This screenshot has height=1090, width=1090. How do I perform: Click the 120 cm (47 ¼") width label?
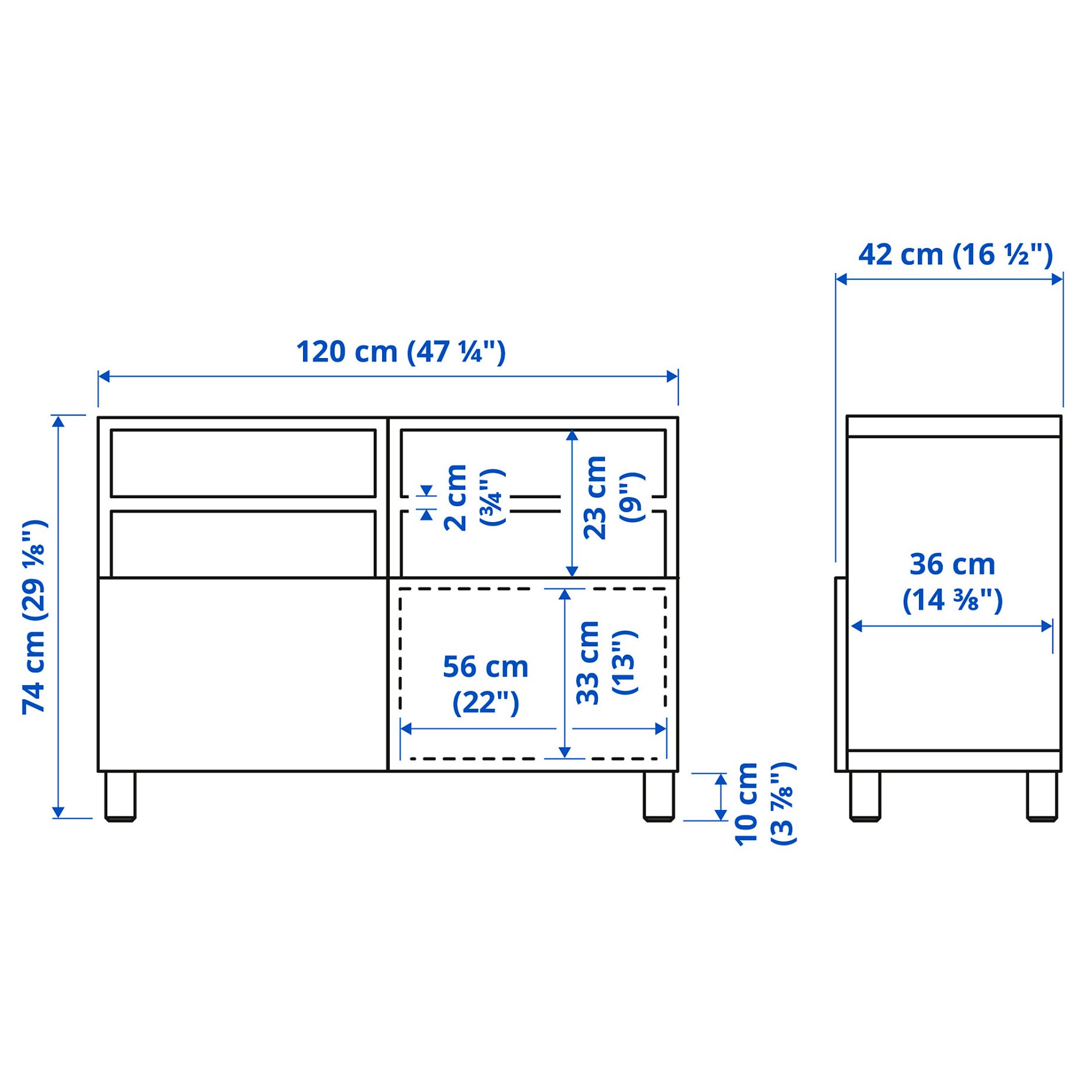(x=400, y=352)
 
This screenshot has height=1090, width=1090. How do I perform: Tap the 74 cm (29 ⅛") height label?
(x=35, y=616)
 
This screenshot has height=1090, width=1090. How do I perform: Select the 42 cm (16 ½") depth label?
(x=955, y=255)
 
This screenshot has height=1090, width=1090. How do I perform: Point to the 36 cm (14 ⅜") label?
(x=952, y=582)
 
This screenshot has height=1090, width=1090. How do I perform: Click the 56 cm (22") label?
(x=485, y=684)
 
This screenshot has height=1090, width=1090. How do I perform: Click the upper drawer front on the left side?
(x=243, y=463)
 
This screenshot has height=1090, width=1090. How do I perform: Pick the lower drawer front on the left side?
(x=243, y=544)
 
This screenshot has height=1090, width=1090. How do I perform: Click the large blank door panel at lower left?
(x=243, y=674)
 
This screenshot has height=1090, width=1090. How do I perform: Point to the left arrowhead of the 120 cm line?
(x=104, y=376)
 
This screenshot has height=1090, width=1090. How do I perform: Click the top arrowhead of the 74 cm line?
(x=58, y=421)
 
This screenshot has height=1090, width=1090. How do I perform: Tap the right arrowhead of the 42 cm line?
(x=1057, y=279)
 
